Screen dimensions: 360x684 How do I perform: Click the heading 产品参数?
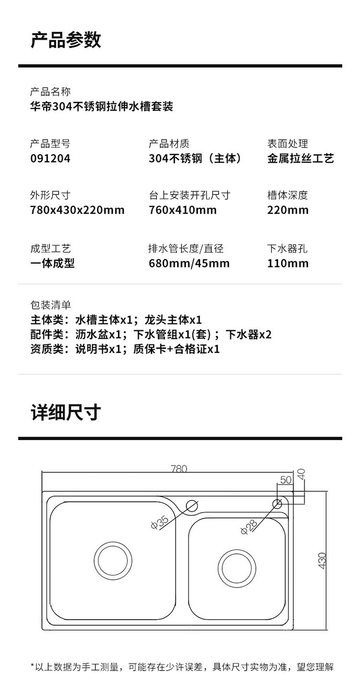pyautogui.click(x=66, y=40)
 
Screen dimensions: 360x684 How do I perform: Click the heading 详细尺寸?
pyautogui.click(x=66, y=412)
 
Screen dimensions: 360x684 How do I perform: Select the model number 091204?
pyautogui.click(x=50, y=158)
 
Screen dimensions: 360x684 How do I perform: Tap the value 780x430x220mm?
pyautogui.click(x=77, y=210)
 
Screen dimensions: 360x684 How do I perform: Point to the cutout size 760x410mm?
pyautogui.click(x=183, y=210)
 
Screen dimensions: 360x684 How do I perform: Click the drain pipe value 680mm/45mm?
pyautogui.click(x=189, y=263)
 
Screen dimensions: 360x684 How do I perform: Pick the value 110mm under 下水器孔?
pyautogui.click(x=288, y=263)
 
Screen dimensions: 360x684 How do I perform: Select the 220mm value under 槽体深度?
pyautogui.click(x=288, y=210)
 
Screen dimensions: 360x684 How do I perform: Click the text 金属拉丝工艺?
pyautogui.click(x=300, y=158)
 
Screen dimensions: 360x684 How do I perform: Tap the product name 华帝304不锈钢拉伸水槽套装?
pyautogui.click(x=102, y=106)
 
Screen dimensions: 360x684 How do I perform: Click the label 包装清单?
pyautogui.click(x=50, y=305)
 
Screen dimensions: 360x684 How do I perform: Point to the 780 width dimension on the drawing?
pyautogui.click(x=179, y=468)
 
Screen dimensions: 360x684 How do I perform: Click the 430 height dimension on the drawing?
pyautogui.click(x=322, y=561)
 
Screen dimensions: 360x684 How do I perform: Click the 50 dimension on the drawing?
pyautogui.click(x=286, y=480)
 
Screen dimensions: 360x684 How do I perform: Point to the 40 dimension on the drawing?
pyautogui.click(x=301, y=474)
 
